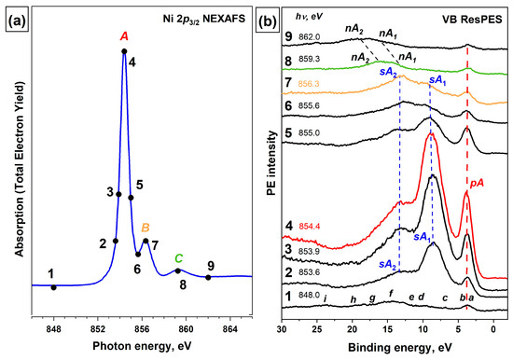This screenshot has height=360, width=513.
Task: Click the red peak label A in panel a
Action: tap(124, 36)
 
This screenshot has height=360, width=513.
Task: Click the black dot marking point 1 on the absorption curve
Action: tap(54, 287)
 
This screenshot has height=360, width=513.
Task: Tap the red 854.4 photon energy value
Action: tap(311, 227)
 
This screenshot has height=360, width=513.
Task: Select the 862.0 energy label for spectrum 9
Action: tap(311, 37)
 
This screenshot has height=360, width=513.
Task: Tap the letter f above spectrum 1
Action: tap(390, 294)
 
